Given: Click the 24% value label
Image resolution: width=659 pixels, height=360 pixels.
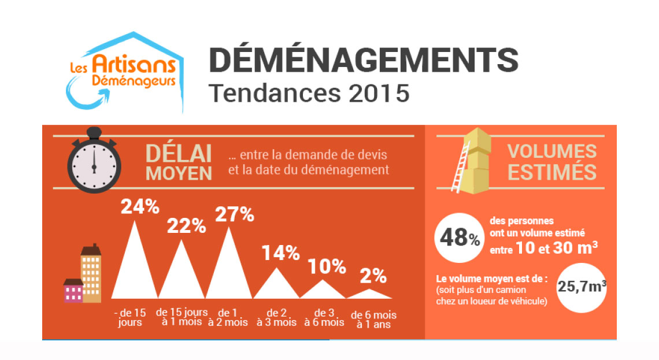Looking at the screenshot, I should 140,206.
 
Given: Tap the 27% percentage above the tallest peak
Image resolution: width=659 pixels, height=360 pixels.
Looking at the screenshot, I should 235,214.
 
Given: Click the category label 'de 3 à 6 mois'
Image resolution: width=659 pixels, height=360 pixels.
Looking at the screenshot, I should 325,318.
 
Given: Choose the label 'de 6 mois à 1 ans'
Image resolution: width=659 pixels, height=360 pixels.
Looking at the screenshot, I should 373,320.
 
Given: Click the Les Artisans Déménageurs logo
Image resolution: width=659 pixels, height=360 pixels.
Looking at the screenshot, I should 124,73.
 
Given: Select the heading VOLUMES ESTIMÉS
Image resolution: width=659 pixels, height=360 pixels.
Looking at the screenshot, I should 552,162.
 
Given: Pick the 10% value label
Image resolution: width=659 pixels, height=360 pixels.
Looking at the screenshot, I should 327,266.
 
